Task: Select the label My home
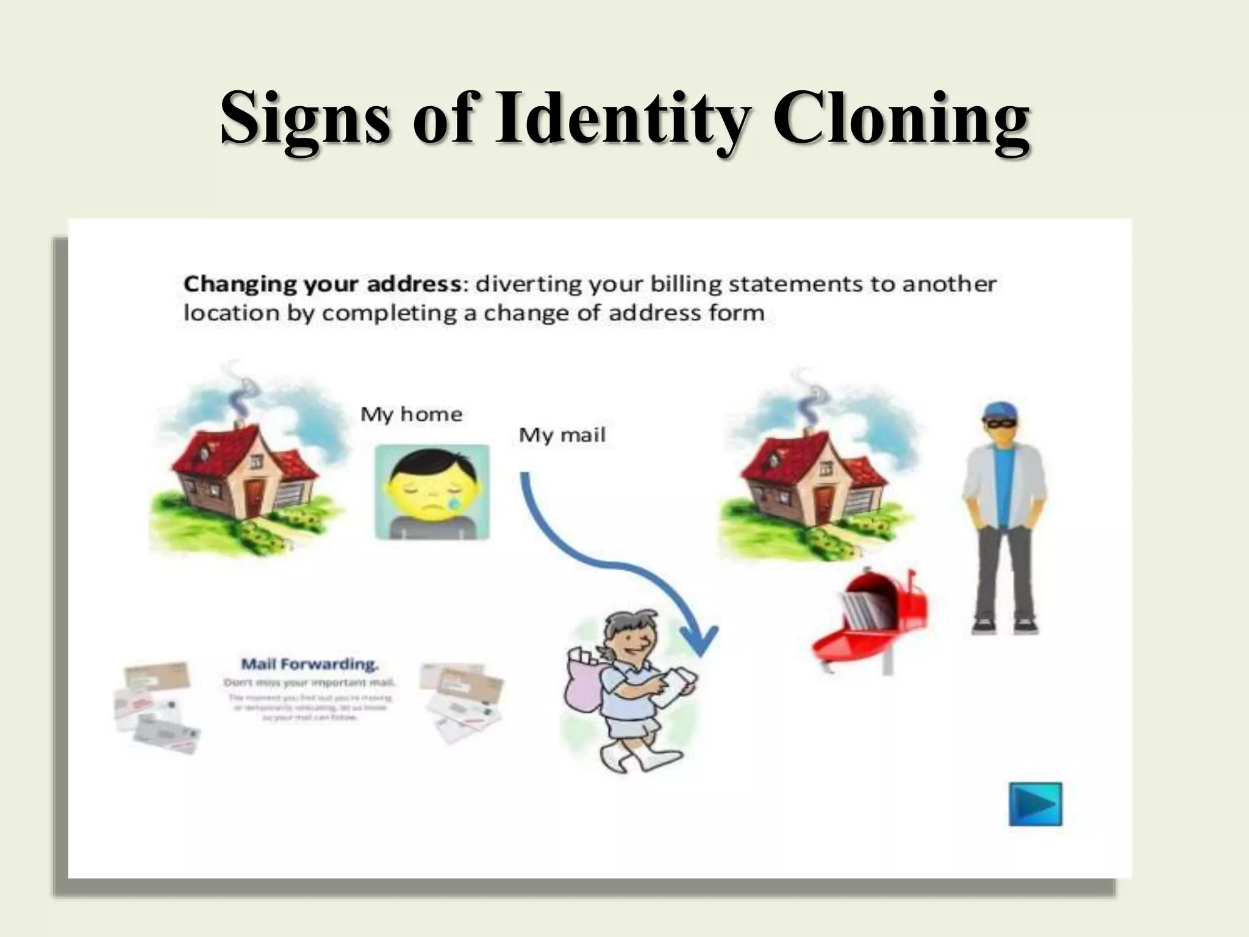pos(411,415)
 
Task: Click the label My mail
pos(562,436)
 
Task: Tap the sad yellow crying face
pos(432,492)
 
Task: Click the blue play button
pos(1035,804)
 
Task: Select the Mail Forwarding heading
pos(310,664)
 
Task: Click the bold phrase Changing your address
pos(322,284)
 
